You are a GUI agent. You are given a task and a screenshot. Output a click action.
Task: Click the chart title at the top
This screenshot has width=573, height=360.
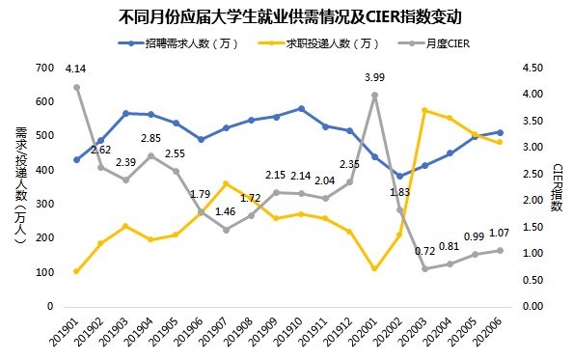[286, 16]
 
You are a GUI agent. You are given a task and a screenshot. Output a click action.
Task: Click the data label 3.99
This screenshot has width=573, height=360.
[374, 77]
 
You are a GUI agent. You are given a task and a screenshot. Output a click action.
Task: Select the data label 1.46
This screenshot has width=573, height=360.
[225, 211]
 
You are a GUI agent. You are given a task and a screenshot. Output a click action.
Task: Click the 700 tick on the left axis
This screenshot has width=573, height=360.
[44, 68]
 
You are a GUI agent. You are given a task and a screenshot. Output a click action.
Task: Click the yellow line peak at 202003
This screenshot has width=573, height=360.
[424, 110]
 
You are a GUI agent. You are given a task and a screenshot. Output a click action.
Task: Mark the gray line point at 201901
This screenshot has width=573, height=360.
[76, 87]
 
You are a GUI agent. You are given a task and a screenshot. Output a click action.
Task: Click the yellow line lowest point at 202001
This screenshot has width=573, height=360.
[374, 269]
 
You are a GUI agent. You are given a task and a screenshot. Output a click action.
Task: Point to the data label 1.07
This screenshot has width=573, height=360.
[499, 233]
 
